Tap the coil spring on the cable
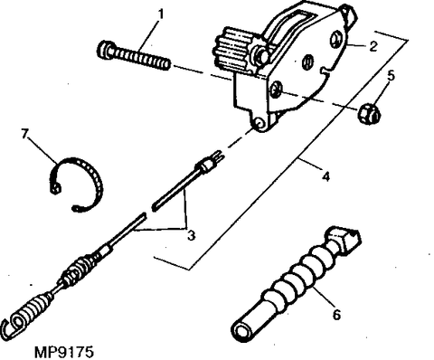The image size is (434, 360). (79, 270)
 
